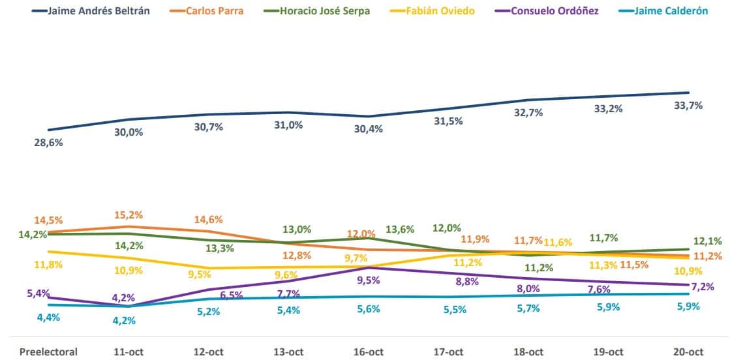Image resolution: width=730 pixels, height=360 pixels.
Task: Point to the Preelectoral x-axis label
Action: point(48,352)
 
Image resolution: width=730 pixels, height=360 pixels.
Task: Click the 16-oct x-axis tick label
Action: point(369,352)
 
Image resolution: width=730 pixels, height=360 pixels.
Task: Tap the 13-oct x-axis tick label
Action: point(288,352)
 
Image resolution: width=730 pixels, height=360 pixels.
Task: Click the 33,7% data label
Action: point(689,105)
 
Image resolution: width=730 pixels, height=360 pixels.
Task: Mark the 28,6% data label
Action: point(48,142)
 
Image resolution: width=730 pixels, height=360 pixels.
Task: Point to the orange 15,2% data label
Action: point(129,215)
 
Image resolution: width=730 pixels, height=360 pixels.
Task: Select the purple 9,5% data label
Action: point(369,281)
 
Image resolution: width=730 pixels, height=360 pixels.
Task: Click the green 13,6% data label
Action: point(400,229)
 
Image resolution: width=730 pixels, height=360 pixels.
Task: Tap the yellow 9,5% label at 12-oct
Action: point(208,275)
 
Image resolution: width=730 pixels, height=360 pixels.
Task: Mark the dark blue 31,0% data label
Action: point(288,125)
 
